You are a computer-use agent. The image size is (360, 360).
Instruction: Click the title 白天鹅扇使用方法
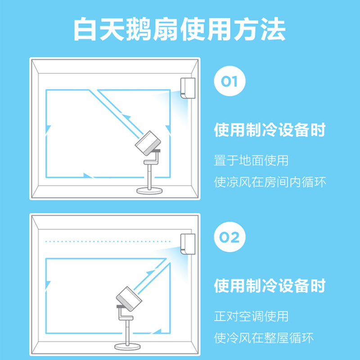pyautogui.click(x=180, y=30)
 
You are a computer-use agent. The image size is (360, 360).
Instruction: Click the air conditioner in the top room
pyautogui.click(x=188, y=87)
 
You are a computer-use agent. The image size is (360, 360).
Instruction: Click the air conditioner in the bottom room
pyautogui.click(x=188, y=243)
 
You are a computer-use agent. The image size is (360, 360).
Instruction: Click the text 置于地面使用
pyautogui.click(x=251, y=160)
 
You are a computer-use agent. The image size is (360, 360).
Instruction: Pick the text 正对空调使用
pyautogui.click(x=251, y=316)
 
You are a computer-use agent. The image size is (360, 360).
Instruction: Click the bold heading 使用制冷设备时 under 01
pyautogui.click(x=270, y=131)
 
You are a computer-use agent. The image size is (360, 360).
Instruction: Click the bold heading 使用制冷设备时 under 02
pyautogui.click(x=270, y=286)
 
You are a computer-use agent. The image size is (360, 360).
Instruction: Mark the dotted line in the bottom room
pyautogui.click(x=112, y=242)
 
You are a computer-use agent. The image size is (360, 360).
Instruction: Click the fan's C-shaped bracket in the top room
pyautogui.click(x=153, y=157)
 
